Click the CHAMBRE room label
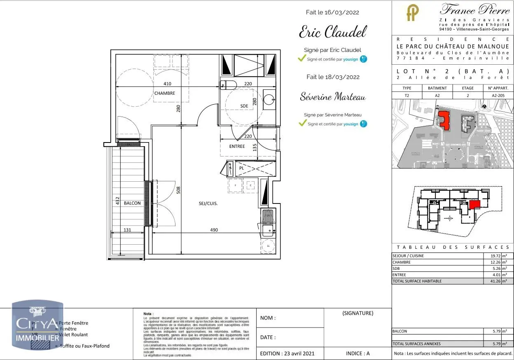[164, 93]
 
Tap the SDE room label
[244, 106]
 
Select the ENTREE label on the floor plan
[237, 146]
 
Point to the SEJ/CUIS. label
[208, 203]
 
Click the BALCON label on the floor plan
[132, 203]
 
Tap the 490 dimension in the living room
[214, 230]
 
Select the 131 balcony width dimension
[127, 230]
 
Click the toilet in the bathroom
[229, 85]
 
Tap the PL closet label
[242, 168]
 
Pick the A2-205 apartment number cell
[498, 95]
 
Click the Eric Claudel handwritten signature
[332, 32]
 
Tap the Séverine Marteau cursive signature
[333, 97]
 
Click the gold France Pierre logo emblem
[412, 13]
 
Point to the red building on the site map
[444, 119]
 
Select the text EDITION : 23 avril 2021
[287, 353]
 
